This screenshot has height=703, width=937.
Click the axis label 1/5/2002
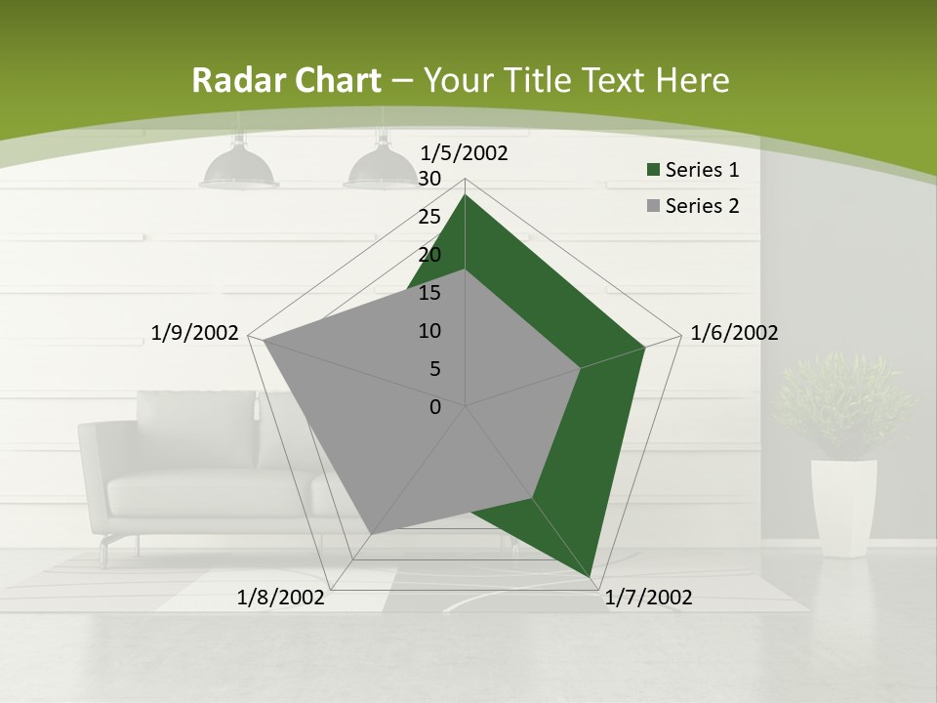(464, 153)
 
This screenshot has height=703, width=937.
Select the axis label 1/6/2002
(734, 333)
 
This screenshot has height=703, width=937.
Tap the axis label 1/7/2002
(648, 598)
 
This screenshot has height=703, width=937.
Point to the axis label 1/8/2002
(281, 598)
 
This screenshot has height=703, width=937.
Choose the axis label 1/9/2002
(195, 333)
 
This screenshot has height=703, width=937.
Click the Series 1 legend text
(702, 170)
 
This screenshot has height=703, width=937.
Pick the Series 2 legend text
(702, 206)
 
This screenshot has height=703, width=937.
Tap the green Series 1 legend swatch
(653, 171)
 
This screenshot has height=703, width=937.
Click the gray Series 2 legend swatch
(653, 206)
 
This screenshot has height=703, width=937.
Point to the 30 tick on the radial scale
(429, 179)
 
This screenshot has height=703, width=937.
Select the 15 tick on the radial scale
(429, 293)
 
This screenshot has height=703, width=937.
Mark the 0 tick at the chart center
(435, 407)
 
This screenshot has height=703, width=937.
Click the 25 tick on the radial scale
(429, 217)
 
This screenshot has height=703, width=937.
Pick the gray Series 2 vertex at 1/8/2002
(371, 533)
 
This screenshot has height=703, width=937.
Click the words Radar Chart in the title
(286, 81)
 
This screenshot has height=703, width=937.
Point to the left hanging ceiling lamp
(239, 166)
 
